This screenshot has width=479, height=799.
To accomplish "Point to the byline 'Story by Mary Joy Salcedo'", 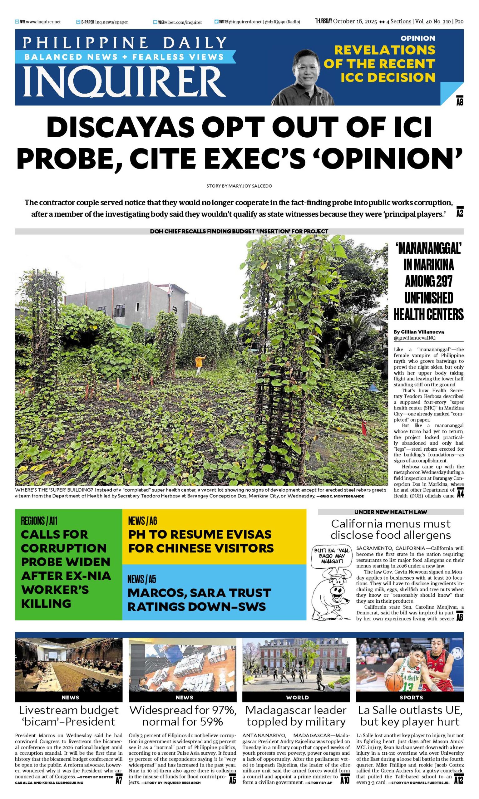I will pyautogui.click(x=239, y=186).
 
